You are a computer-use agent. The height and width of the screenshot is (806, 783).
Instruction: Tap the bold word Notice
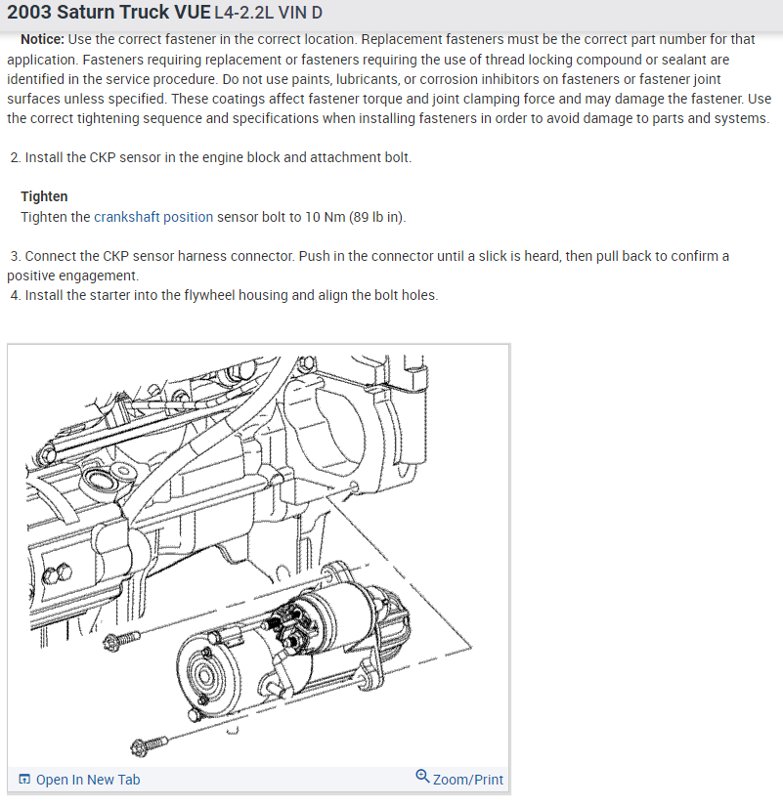42,39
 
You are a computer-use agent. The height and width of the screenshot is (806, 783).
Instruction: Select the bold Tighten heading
44,196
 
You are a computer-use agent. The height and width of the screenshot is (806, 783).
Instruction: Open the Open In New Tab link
87,779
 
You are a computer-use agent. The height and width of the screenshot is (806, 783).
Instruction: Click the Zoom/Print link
467,779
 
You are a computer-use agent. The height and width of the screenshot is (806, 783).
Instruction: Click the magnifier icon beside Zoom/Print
422,777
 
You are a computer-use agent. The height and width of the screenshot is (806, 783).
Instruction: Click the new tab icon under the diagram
24,779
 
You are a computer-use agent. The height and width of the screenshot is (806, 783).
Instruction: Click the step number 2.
15,157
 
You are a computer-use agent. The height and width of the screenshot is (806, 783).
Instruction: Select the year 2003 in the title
26,14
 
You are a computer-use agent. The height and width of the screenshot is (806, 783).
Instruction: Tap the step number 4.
15,295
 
